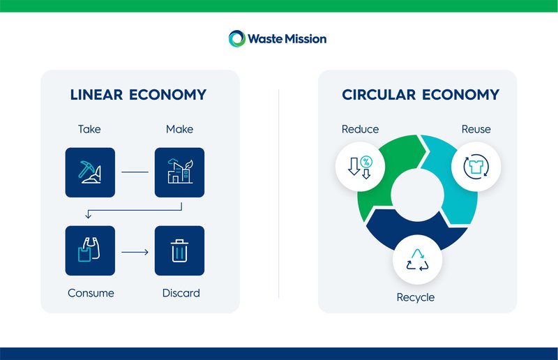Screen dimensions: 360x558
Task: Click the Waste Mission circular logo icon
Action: tap(237, 39)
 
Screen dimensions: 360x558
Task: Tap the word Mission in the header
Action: tap(302, 39)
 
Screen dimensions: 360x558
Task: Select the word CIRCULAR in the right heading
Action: tap(378, 95)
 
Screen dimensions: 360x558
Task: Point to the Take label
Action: tap(89, 129)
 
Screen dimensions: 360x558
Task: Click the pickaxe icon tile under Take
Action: tap(90, 172)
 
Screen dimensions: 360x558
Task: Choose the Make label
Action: tap(179, 129)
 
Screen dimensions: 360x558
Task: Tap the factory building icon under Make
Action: tap(179, 172)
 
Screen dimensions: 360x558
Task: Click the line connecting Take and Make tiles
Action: tap(135, 172)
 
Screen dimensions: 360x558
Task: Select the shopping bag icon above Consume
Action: tap(90, 250)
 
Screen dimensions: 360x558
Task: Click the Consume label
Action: tap(91, 293)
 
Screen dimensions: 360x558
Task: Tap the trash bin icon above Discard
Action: tap(179, 250)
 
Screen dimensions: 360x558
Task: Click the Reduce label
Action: tap(360, 129)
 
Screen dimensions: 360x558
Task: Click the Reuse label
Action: tap(476, 129)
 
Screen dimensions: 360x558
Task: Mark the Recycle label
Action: tap(416, 297)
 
